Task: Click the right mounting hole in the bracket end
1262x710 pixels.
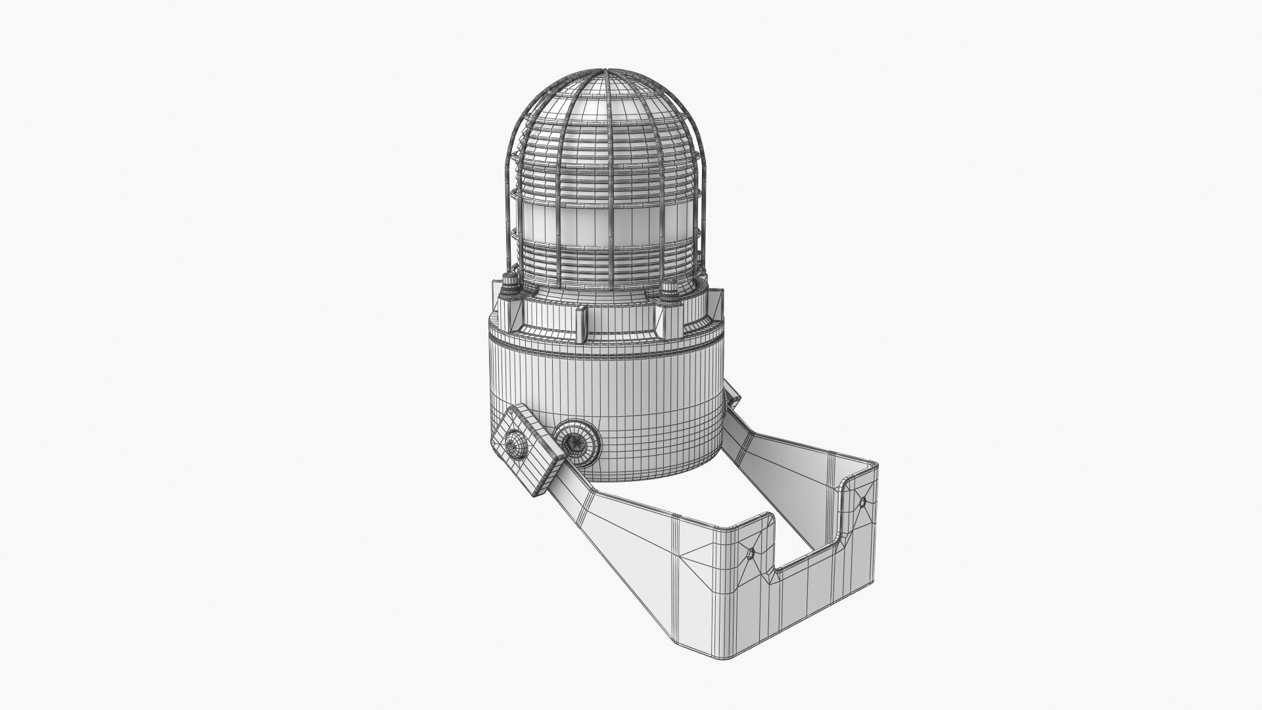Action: click(862, 502)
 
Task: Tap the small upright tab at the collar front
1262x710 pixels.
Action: click(582, 326)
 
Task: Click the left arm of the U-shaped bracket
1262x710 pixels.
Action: click(624, 539)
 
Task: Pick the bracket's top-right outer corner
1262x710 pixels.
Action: click(874, 467)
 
